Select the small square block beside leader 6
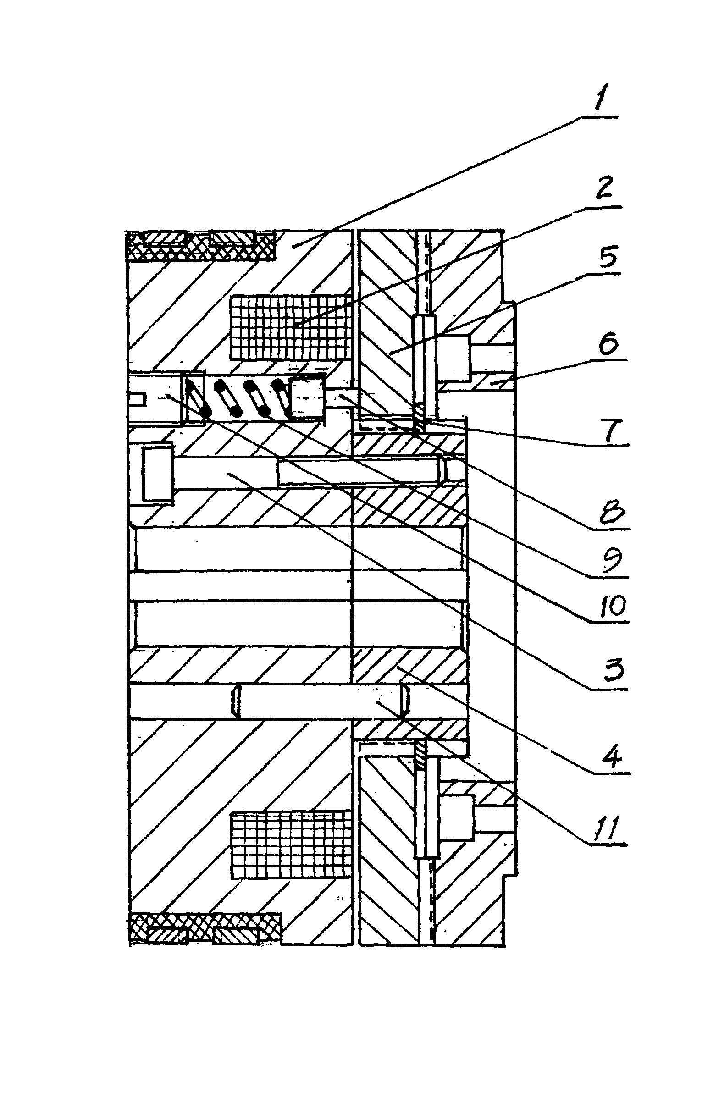454,358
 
